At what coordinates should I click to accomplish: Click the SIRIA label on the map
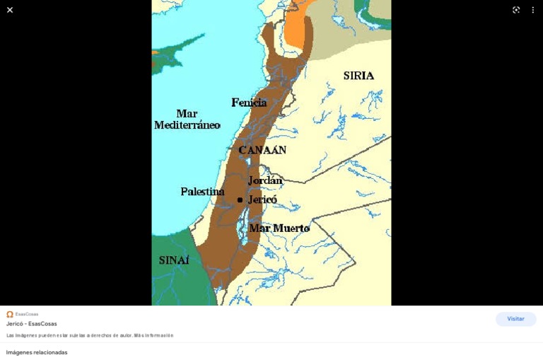click(358, 76)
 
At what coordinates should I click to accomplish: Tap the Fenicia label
click(249, 103)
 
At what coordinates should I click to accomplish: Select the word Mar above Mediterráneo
click(187, 113)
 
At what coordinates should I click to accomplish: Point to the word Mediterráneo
click(187, 125)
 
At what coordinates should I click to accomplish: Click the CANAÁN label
click(262, 150)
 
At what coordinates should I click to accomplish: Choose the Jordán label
click(265, 180)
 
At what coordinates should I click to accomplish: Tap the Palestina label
click(202, 192)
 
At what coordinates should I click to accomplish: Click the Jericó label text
click(262, 199)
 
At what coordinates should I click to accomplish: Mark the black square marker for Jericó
click(240, 200)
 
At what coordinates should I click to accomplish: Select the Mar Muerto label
click(279, 228)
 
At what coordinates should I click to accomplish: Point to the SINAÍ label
click(174, 260)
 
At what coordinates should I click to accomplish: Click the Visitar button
click(515, 319)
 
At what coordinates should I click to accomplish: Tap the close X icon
click(10, 10)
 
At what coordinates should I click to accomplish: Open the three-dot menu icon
click(533, 10)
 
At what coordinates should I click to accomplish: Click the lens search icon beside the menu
click(516, 10)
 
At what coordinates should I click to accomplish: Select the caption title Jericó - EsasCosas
click(32, 324)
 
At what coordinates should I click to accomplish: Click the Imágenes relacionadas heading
click(37, 352)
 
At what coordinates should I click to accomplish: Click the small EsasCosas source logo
click(10, 314)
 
